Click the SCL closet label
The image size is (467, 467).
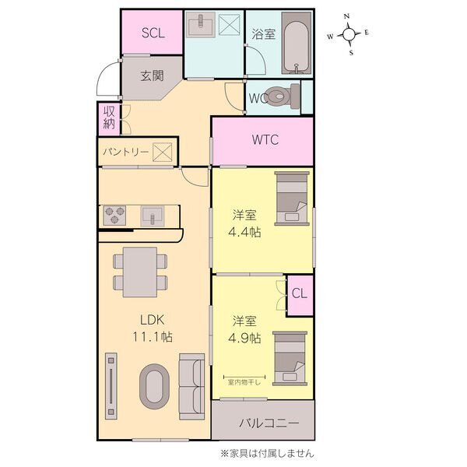click(153, 33)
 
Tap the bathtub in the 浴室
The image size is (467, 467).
click(296, 43)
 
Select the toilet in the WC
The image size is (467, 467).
click(283, 96)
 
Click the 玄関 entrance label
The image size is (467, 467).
click(153, 76)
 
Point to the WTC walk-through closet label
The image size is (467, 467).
click(265, 139)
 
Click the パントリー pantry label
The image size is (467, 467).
click(125, 153)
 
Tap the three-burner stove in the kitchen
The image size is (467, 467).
click(114, 216)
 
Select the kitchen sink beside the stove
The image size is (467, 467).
click(153, 216)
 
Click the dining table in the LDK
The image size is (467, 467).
click(140, 272)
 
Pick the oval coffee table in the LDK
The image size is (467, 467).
click(154, 386)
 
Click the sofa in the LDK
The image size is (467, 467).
click(191, 387)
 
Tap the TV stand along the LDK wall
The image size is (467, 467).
click(111, 386)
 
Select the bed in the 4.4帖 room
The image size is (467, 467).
click(292, 198)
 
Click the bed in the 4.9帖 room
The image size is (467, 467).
click(290, 359)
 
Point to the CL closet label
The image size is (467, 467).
click(300, 293)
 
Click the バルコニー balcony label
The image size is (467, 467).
click(269, 423)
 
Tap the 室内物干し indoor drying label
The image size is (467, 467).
click(244, 382)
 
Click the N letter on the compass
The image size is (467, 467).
click(346, 16)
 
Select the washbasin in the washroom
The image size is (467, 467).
click(201, 24)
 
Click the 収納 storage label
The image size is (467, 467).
click(109, 118)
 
